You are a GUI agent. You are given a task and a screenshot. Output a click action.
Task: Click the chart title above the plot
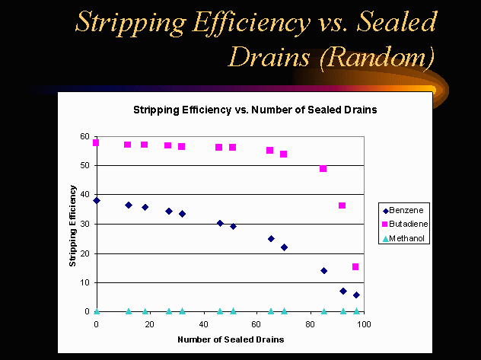(x=255, y=110)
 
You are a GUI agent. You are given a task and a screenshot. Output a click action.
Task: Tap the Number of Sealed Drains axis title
(x=230, y=339)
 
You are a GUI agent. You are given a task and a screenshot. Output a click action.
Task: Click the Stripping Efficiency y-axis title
(x=73, y=225)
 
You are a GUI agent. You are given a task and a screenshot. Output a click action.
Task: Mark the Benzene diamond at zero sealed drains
(x=97, y=200)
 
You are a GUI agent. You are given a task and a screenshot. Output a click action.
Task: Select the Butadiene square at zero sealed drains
(x=97, y=142)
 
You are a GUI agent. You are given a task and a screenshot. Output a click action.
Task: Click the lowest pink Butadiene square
(x=355, y=266)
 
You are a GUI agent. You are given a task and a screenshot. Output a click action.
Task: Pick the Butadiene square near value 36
(x=342, y=205)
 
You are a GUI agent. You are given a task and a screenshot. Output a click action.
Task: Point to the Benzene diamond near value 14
(x=323, y=270)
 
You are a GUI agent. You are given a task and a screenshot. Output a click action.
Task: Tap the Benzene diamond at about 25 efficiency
(x=271, y=238)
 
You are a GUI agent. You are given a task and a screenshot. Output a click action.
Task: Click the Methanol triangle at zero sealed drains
(x=97, y=311)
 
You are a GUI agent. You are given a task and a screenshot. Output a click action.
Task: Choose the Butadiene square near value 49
(x=323, y=168)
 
